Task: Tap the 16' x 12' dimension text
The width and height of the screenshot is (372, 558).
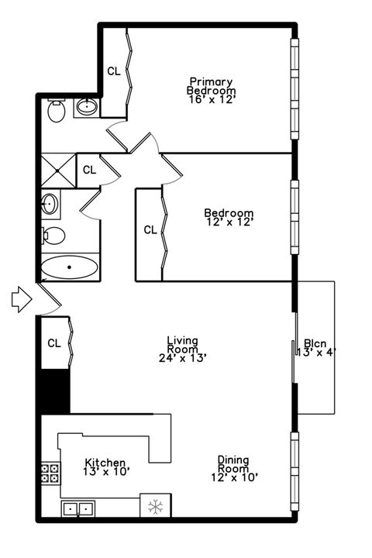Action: point(211,100)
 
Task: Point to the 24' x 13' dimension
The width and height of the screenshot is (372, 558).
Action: point(182,357)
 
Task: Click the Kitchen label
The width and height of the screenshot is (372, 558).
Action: point(105,463)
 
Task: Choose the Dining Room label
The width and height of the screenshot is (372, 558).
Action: point(232,463)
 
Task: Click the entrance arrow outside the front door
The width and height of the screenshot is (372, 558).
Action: point(21,299)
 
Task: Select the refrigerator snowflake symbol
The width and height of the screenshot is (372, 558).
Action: point(153,508)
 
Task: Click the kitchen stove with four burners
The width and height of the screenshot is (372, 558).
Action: point(50,474)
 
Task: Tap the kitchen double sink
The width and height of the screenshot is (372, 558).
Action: point(77,509)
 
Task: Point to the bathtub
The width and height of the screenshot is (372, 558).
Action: point(70,268)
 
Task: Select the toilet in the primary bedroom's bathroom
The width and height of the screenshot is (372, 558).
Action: point(56,112)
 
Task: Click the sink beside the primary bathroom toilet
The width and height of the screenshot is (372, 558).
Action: point(86,107)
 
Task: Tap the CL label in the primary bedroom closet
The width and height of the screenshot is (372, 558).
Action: point(114,71)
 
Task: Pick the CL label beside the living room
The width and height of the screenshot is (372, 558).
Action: point(54,343)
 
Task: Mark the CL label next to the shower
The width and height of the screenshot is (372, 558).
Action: point(89,169)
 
